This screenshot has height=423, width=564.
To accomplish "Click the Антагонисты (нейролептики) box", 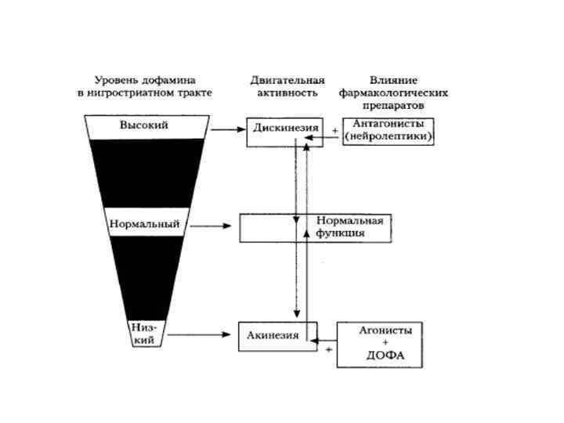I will (x=389, y=130).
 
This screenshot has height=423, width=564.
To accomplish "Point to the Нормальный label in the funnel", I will (x=145, y=225).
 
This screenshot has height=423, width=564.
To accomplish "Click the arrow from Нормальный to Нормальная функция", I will (x=211, y=226).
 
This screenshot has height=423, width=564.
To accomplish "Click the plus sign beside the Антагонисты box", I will (x=335, y=130).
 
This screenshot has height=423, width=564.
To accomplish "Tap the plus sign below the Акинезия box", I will (x=328, y=349).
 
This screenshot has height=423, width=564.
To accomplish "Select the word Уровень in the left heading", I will (x=113, y=80).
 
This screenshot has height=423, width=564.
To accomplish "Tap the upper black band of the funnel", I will (x=146, y=172).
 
